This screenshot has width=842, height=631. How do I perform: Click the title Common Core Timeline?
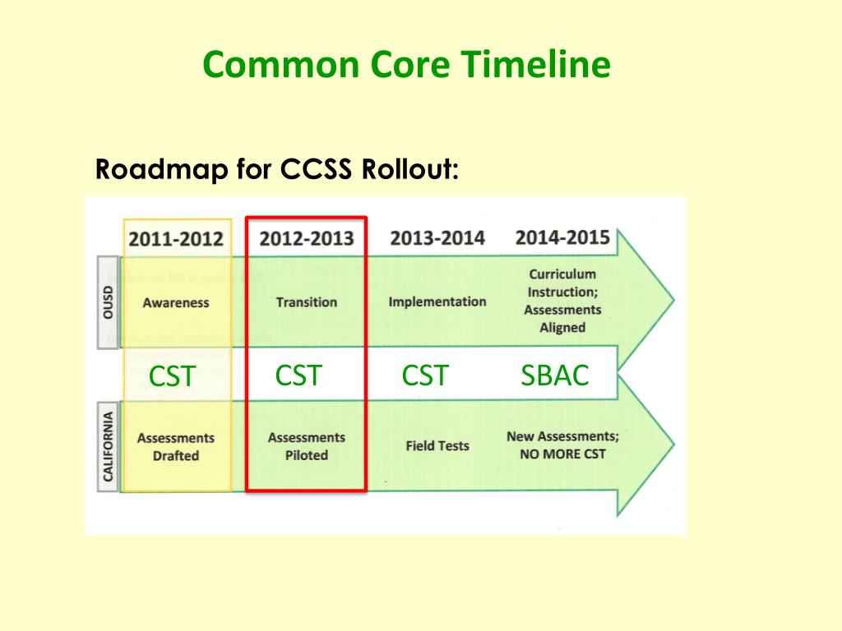click(406, 65)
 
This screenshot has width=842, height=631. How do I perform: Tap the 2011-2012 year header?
click(176, 239)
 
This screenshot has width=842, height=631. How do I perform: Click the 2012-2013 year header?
click(307, 239)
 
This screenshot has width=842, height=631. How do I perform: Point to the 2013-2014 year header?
click(437, 238)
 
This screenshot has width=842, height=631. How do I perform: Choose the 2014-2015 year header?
click(562, 237)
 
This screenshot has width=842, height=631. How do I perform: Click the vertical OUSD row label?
click(109, 302)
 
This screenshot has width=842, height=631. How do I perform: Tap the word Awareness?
click(176, 302)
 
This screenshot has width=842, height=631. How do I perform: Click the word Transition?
click(307, 302)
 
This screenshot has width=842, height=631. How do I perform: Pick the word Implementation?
click(437, 302)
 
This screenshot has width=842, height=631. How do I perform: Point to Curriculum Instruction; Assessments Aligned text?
click(562, 301)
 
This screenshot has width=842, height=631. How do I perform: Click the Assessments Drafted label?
click(176, 446)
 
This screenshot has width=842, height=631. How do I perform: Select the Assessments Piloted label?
click(308, 446)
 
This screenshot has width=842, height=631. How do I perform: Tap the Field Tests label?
click(437, 446)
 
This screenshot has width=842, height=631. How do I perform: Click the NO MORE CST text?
click(562, 454)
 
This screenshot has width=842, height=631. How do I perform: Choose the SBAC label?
click(555, 375)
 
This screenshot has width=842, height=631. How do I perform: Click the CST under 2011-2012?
click(172, 377)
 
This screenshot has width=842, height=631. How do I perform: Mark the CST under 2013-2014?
click(425, 375)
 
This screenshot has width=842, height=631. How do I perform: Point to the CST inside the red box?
click(298, 375)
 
